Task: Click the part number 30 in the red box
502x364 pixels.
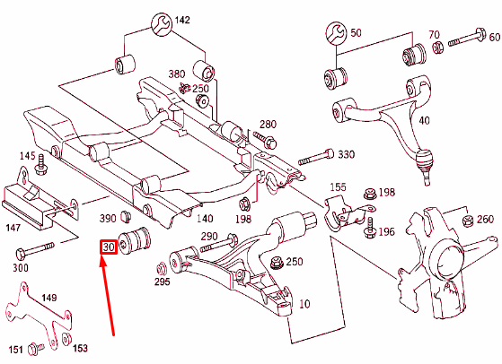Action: [x=110, y=247]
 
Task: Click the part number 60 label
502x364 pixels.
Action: [x=493, y=37]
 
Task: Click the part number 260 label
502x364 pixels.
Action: [x=484, y=220]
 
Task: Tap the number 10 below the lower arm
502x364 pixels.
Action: [x=304, y=305]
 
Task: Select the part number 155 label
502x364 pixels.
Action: [x=337, y=187]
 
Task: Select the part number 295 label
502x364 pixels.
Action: [x=162, y=282]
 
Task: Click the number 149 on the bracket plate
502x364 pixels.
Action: [x=48, y=299]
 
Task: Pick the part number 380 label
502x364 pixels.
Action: [x=177, y=74]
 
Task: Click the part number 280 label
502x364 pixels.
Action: [x=269, y=124]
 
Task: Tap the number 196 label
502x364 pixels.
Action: [x=387, y=232]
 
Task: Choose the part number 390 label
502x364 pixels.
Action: [x=107, y=218]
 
